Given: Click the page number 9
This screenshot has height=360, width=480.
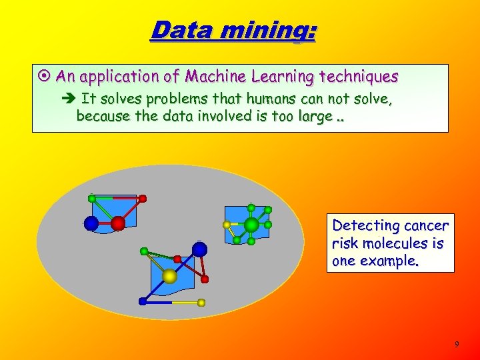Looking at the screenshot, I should [x=457, y=344].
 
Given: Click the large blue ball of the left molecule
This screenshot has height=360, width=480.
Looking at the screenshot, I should [x=91, y=223].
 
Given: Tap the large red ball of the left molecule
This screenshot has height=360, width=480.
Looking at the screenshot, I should [x=118, y=223].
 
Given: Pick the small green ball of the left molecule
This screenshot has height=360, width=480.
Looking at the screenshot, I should [x=92, y=198].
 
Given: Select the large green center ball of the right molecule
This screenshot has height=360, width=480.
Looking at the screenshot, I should [x=251, y=225].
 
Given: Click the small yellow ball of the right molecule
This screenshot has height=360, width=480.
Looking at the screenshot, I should [x=227, y=224].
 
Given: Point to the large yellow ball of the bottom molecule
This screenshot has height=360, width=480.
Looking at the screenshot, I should [x=169, y=276].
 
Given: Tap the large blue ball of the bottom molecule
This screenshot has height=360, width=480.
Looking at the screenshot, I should [x=199, y=250].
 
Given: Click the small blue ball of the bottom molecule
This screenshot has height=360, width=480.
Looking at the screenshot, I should [x=142, y=301].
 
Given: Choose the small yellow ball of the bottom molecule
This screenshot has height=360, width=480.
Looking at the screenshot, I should [x=201, y=302].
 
